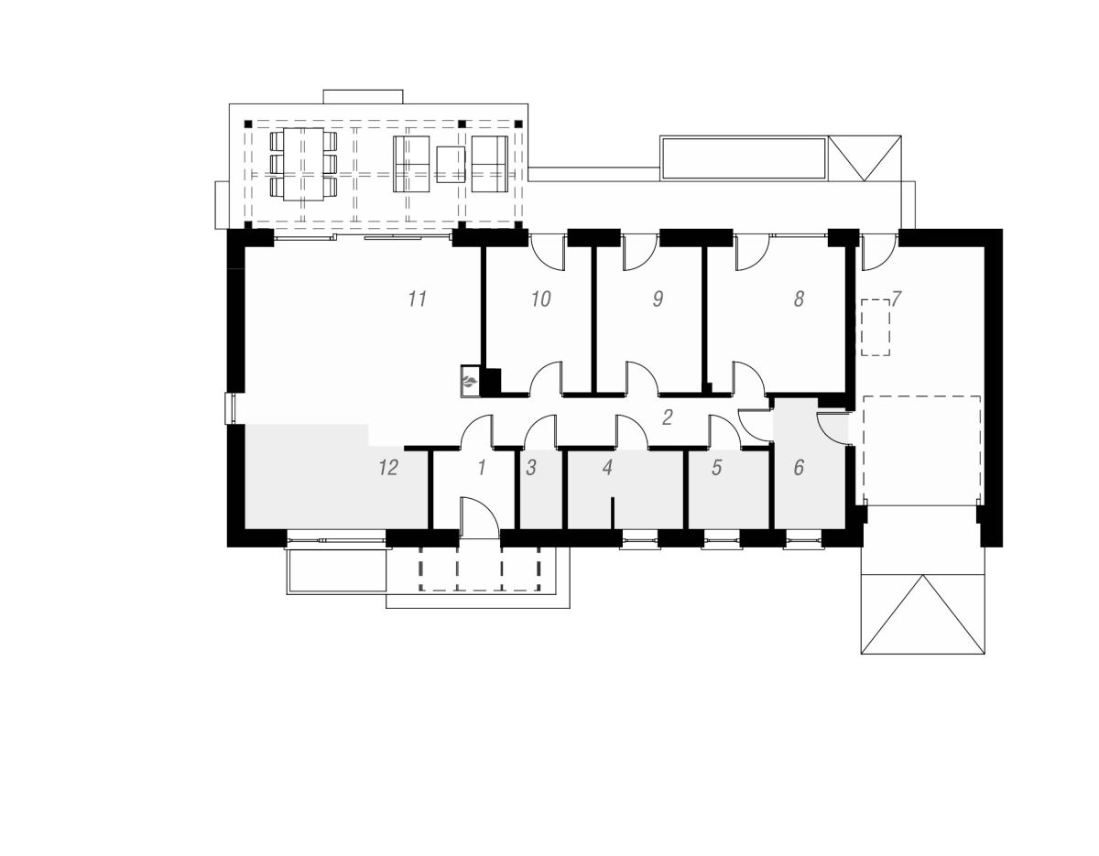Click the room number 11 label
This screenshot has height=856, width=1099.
pyautogui.click(x=418, y=298)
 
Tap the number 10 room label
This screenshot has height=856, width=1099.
pyautogui.click(x=540, y=298)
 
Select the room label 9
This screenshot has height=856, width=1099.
pyautogui.click(x=658, y=298)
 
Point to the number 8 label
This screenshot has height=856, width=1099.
pyautogui.click(x=799, y=298)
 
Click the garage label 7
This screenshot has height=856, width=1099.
pyautogui.click(x=896, y=298)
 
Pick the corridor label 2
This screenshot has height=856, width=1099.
pyautogui.click(x=667, y=417)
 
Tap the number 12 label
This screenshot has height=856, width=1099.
pyautogui.click(x=388, y=468)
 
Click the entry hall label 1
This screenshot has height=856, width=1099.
pyautogui.click(x=482, y=468)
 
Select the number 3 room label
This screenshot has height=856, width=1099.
pyautogui.click(x=530, y=468)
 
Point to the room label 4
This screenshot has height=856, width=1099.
pyautogui.click(x=607, y=468)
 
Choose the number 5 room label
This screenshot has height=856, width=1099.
pyautogui.click(x=716, y=468)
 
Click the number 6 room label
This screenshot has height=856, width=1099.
pyautogui.click(x=799, y=468)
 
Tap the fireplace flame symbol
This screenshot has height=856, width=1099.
pyautogui.click(x=469, y=382)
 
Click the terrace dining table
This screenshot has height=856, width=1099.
pyautogui.click(x=303, y=164)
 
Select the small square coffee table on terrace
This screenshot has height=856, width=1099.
pyautogui.click(x=451, y=164)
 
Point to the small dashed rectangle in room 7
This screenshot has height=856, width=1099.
pyautogui.click(x=876, y=327)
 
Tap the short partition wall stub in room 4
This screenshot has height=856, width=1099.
pyautogui.click(x=612, y=514)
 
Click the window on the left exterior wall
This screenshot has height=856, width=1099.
pyautogui.click(x=230, y=409)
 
